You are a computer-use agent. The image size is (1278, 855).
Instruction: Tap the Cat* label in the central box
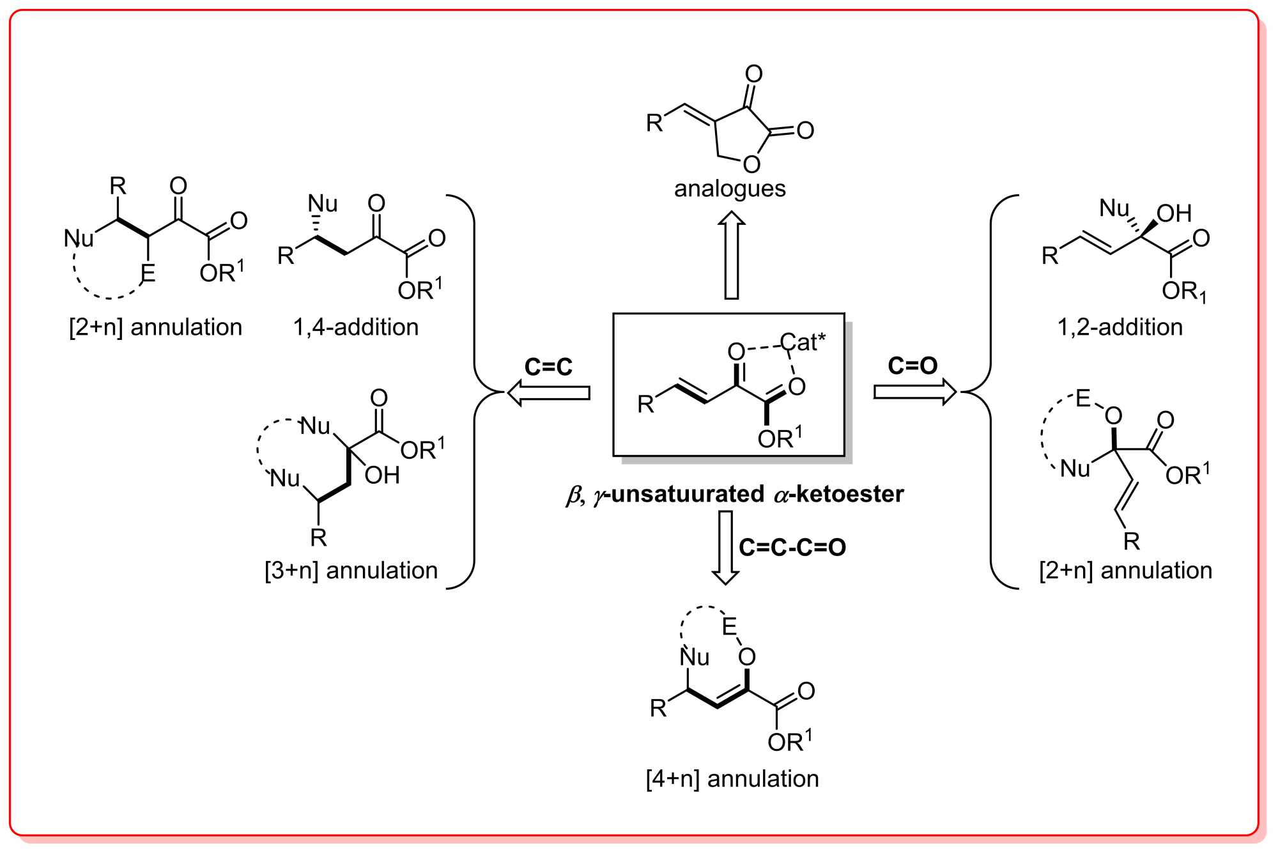point(803,343)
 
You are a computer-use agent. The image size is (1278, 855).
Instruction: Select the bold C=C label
point(548,367)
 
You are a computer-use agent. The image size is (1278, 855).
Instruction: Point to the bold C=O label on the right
point(912,366)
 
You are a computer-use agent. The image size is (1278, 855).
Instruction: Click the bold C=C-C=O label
point(792,548)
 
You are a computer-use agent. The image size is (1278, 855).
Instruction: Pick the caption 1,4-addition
point(356,327)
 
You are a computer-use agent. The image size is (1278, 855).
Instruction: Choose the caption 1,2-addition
point(1120,327)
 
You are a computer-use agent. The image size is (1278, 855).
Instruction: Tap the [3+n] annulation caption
point(351,571)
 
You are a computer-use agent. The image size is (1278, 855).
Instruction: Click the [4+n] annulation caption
point(732,779)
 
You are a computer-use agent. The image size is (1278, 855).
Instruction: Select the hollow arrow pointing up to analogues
point(732,255)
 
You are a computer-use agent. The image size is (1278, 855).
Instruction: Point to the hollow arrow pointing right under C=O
point(914,391)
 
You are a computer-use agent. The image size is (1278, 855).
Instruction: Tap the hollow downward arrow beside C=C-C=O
point(725,547)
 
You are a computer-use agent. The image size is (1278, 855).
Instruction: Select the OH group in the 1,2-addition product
point(1174,213)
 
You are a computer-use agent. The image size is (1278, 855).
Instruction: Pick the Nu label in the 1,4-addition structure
point(323,204)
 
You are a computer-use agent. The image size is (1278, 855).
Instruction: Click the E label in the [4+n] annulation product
point(729,627)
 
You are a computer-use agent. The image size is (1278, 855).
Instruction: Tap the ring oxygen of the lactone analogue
point(751,164)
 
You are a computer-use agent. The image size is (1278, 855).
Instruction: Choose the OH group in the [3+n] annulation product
point(382,475)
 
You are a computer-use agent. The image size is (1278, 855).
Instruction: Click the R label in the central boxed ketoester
point(646,404)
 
